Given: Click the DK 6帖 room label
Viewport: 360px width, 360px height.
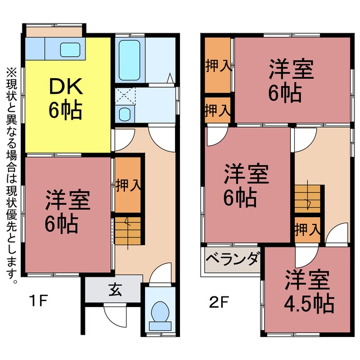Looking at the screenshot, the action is [x=66, y=99].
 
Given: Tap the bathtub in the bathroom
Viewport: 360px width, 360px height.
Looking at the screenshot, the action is [x=129, y=60].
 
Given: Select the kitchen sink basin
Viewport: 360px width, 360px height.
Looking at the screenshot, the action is [x=70, y=50].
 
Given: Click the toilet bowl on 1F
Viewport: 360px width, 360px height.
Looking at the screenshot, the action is [x=160, y=312].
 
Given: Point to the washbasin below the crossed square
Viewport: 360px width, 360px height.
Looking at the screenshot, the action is [x=125, y=114].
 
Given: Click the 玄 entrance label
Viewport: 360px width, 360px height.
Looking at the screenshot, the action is [x=115, y=290].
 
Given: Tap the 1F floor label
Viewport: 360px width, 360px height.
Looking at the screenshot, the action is [x=38, y=300].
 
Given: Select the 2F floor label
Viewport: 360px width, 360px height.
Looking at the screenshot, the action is [x=219, y=302].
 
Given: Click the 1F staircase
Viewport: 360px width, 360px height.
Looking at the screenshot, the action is [x=128, y=231].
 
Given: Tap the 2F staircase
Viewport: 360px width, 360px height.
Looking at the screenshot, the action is [x=308, y=199].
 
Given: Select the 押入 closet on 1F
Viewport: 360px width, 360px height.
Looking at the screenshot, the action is [x=128, y=185].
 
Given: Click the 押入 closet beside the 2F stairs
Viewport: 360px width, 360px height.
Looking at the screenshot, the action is [x=308, y=229].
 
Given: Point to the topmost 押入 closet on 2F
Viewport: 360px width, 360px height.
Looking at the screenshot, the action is [x=218, y=65].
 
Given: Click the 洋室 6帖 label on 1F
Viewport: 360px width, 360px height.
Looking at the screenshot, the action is [x=67, y=211].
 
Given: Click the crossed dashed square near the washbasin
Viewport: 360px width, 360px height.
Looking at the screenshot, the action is [x=125, y=96].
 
